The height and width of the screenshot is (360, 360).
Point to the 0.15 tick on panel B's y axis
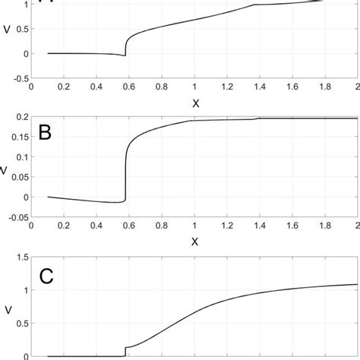19,138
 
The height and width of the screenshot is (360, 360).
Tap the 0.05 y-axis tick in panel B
19,178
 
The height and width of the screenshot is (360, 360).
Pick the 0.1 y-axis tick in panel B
21,158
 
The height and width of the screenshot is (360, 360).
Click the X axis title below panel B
194,242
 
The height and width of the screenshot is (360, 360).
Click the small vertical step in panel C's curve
125,352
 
